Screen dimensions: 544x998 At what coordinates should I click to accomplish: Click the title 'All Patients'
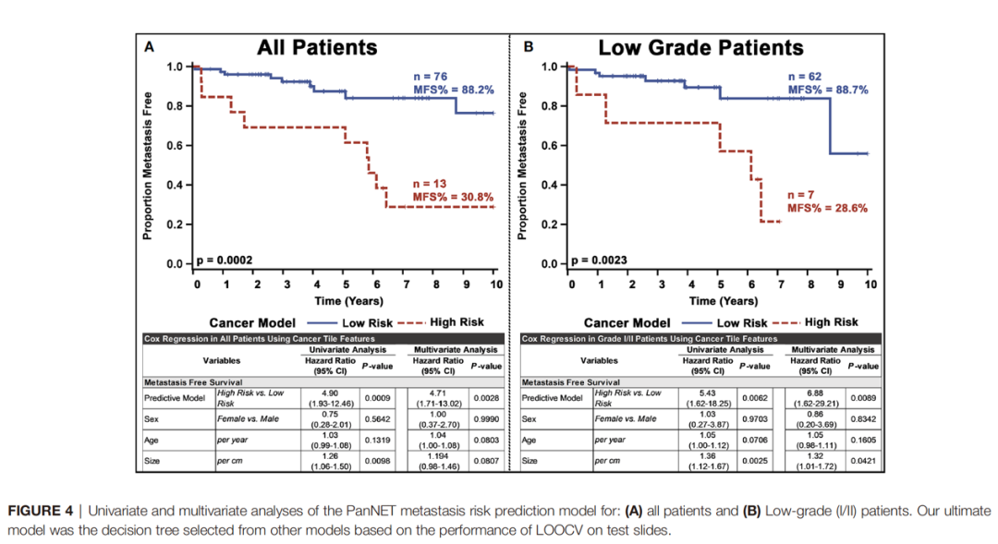click(317, 47)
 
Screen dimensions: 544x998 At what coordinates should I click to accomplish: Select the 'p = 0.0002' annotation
click(224, 260)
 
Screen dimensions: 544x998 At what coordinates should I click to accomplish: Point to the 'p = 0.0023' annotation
click(600, 260)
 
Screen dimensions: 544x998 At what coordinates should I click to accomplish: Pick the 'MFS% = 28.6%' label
click(827, 209)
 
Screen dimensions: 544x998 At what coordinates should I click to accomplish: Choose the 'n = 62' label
click(805, 76)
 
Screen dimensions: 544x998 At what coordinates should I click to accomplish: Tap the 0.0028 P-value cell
click(486, 398)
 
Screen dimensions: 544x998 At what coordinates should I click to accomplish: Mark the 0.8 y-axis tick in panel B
click(548, 106)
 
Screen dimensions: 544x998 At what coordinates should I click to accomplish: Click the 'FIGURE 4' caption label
click(43, 511)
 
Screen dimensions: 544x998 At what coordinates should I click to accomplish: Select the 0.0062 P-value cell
click(753, 398)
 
